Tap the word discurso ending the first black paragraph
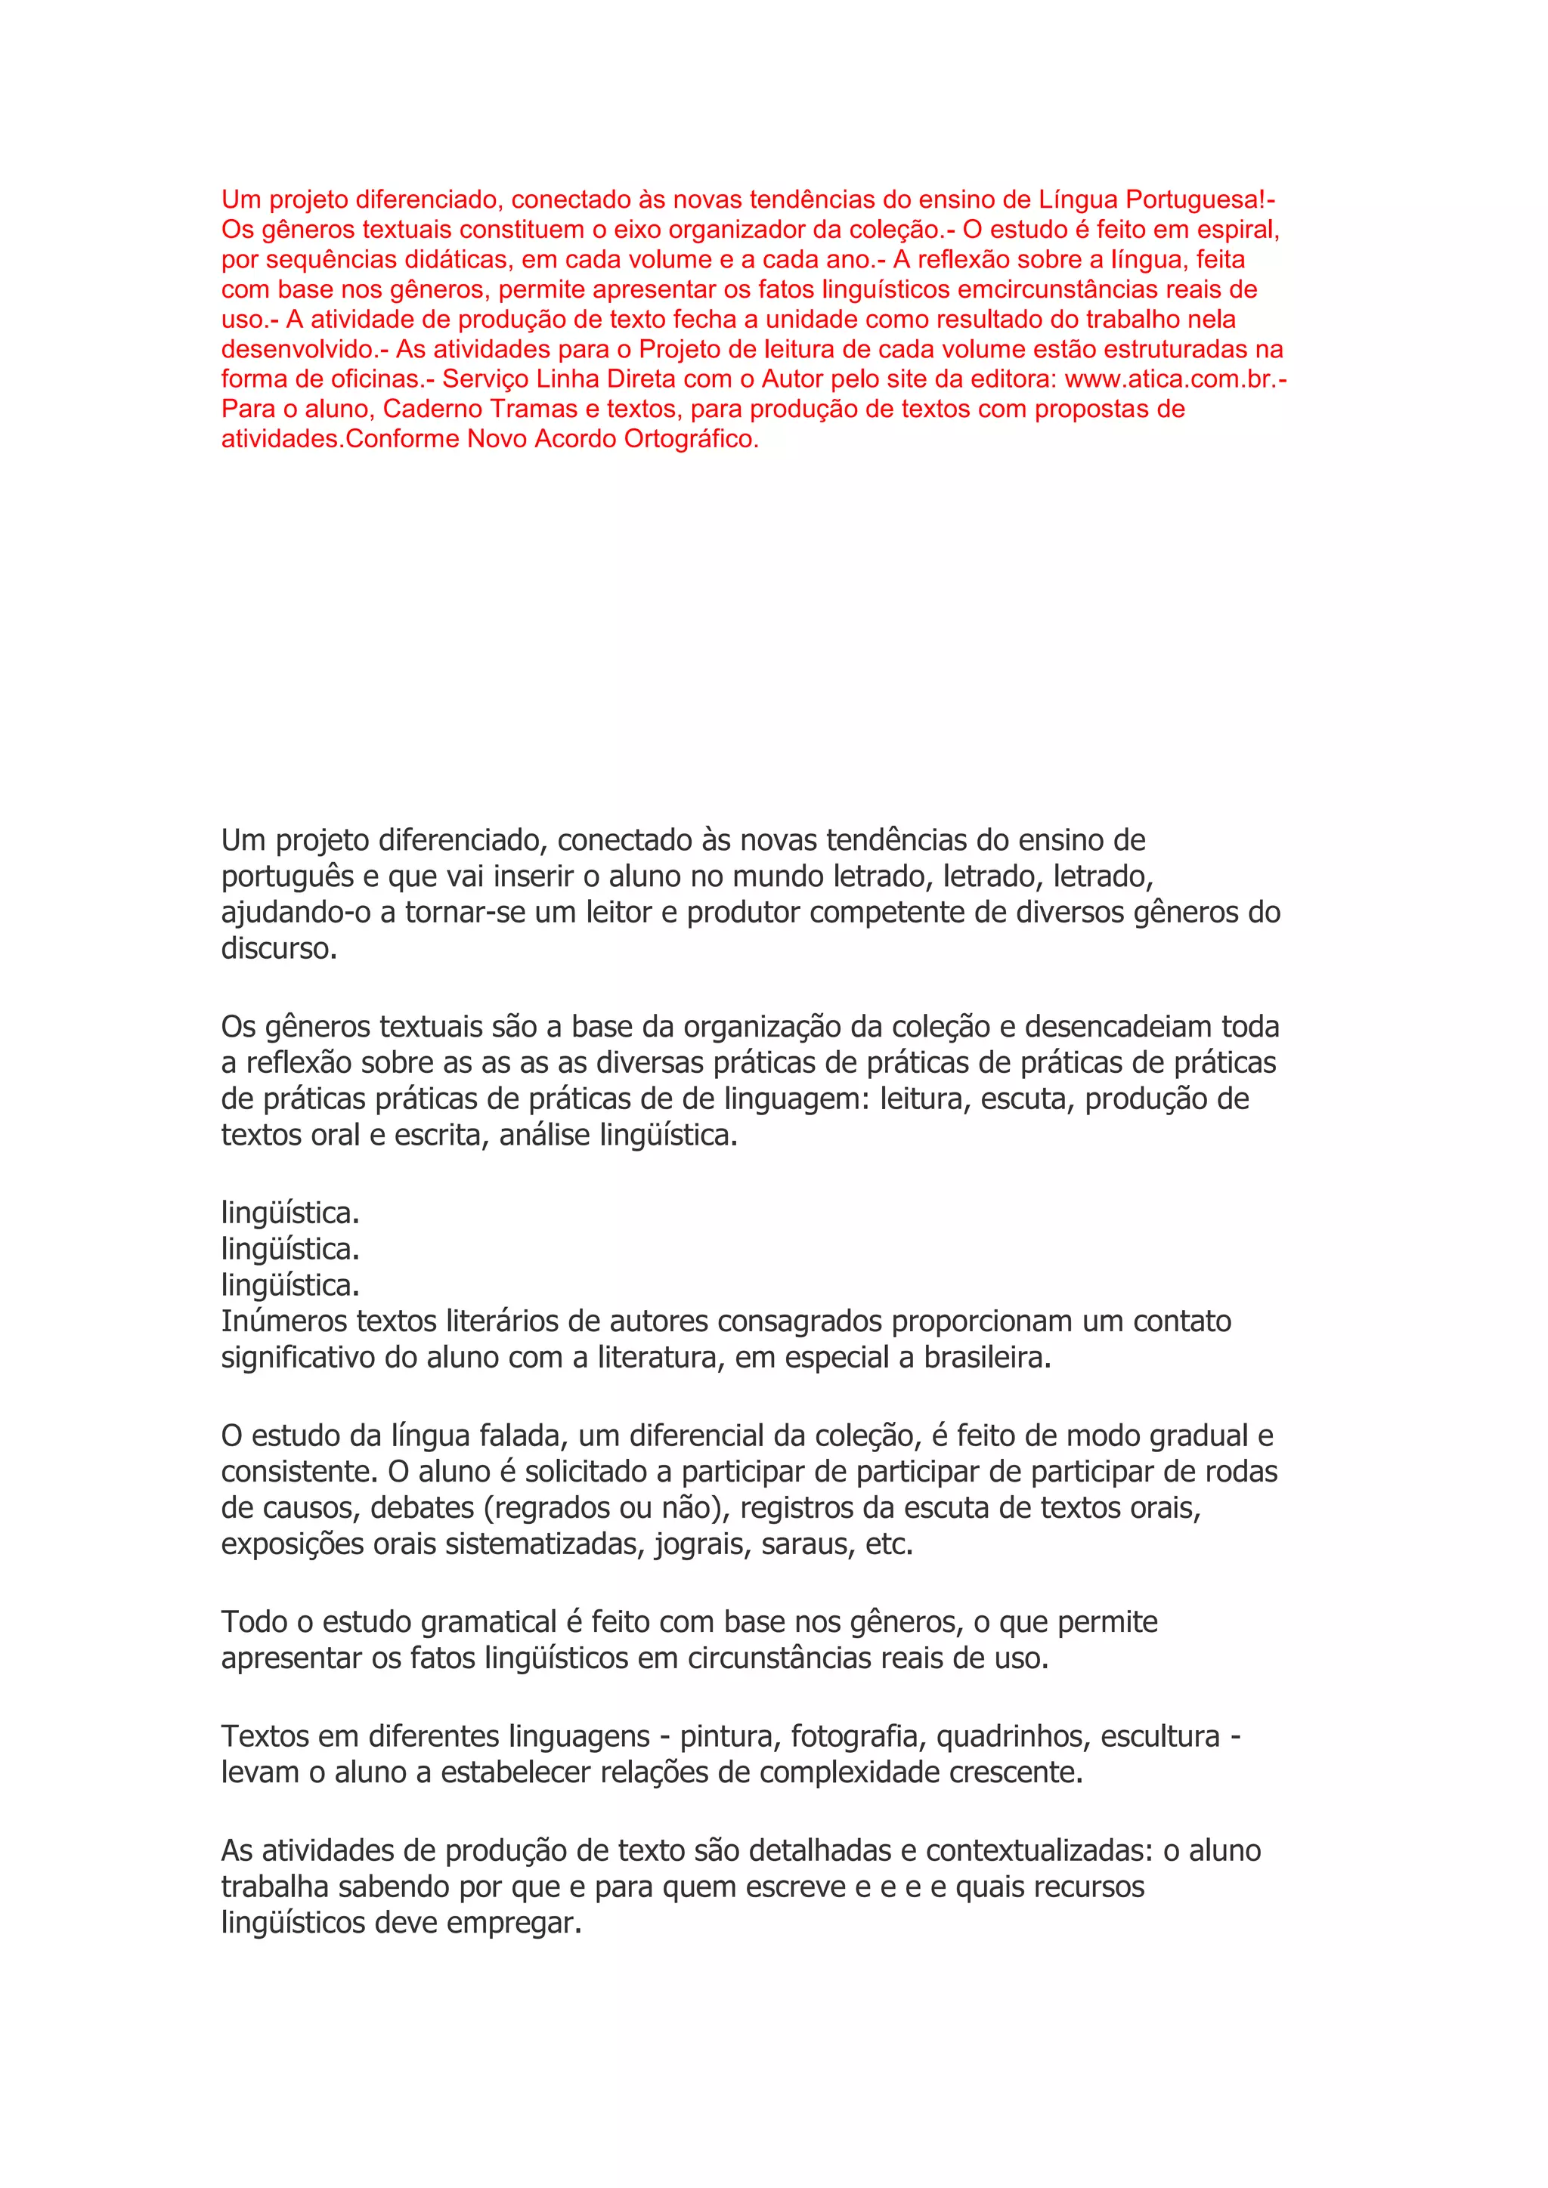(277, 949)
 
